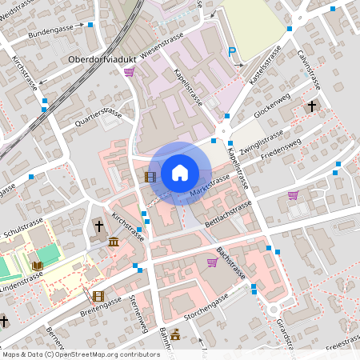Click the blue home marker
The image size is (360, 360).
coord(180,172)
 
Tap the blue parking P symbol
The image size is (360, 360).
coord(232,52)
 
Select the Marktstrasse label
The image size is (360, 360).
coord(210,186)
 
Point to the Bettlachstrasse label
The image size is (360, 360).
coord(228,213)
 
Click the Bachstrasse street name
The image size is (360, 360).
coord(230,262)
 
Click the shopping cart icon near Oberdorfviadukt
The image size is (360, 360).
coord(129,72)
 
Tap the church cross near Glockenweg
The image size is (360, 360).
coord(311,105)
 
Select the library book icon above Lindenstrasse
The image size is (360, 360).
coord(38,265)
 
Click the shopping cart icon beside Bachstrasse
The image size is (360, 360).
coord(212,262)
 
